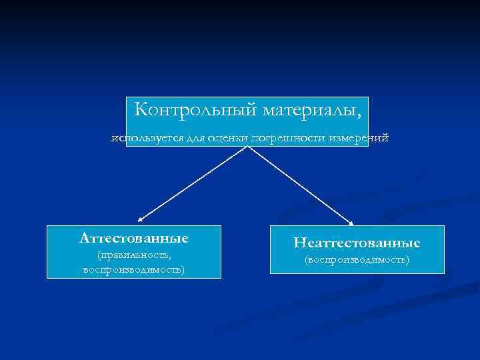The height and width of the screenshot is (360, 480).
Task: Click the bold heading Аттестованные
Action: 133,238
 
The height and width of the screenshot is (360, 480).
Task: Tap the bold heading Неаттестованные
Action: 357,243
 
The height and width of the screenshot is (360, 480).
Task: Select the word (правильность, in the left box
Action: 133,255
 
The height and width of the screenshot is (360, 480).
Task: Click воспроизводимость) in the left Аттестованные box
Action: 133,269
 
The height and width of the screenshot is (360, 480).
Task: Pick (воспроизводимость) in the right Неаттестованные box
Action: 357,259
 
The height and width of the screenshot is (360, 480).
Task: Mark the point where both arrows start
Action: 249,147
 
